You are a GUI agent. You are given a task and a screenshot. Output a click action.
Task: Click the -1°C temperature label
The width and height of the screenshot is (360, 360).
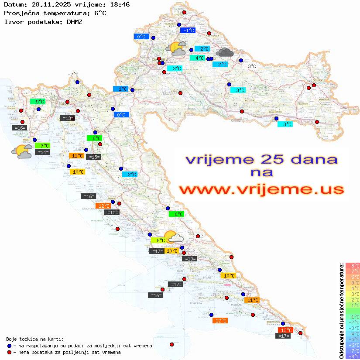[x=188, y=31]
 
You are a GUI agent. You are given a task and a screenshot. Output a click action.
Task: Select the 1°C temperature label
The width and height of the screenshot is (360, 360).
[x=120, y=89]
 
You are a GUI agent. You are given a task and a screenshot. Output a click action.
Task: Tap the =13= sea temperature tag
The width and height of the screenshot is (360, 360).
[x=67, y=118]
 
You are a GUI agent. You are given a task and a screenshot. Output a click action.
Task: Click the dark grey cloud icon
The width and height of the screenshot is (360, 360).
[x=224, y=53]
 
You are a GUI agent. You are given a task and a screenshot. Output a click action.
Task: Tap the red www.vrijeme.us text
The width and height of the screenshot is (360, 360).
[x=261, y=189]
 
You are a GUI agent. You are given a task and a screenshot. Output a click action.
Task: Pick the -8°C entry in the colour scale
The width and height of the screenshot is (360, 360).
[x=352, y=357]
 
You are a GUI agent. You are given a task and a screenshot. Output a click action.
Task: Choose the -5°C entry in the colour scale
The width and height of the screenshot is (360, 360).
[x=352, y=339]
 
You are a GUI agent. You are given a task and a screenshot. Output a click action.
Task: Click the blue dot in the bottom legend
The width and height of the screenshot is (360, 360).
[x=9, y=346]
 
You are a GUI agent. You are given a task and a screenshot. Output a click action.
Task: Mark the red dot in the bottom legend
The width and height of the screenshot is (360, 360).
[x=9, y=352]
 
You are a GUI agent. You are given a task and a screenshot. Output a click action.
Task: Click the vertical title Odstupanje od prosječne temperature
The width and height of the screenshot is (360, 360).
[x=341, y=311]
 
